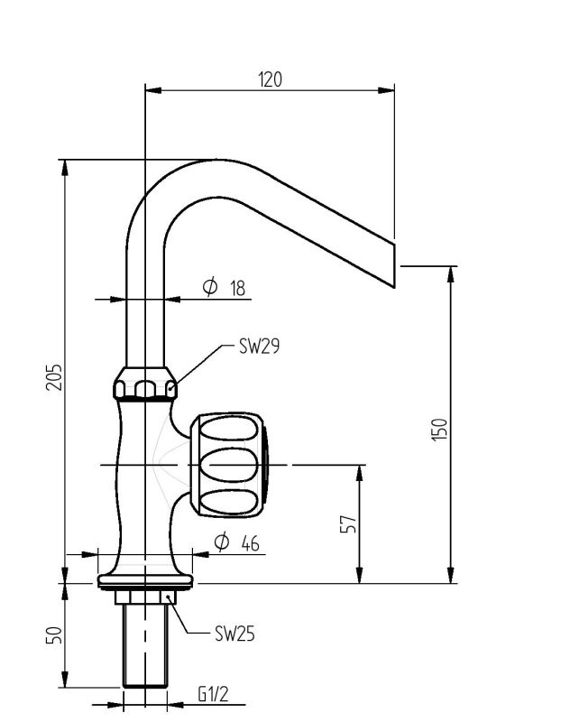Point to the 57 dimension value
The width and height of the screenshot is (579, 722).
pyautogui.click(x=349, y=523)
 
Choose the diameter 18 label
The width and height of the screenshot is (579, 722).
pyautogui.click(x=225, y=288)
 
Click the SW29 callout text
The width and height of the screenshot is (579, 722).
pyautogui.click(x=259, y=346)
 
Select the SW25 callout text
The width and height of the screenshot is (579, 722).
pyautogui.click(x=234, y=634)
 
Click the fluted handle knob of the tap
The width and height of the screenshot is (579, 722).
pyautogui.click(x=231, y=465)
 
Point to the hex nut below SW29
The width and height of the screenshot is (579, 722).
pyautogui.click(x=144, y=385)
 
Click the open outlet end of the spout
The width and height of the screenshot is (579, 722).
pyautogui.click(x=395, y=263)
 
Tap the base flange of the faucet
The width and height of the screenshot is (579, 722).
pyautogui.click(x=144, y=579)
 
